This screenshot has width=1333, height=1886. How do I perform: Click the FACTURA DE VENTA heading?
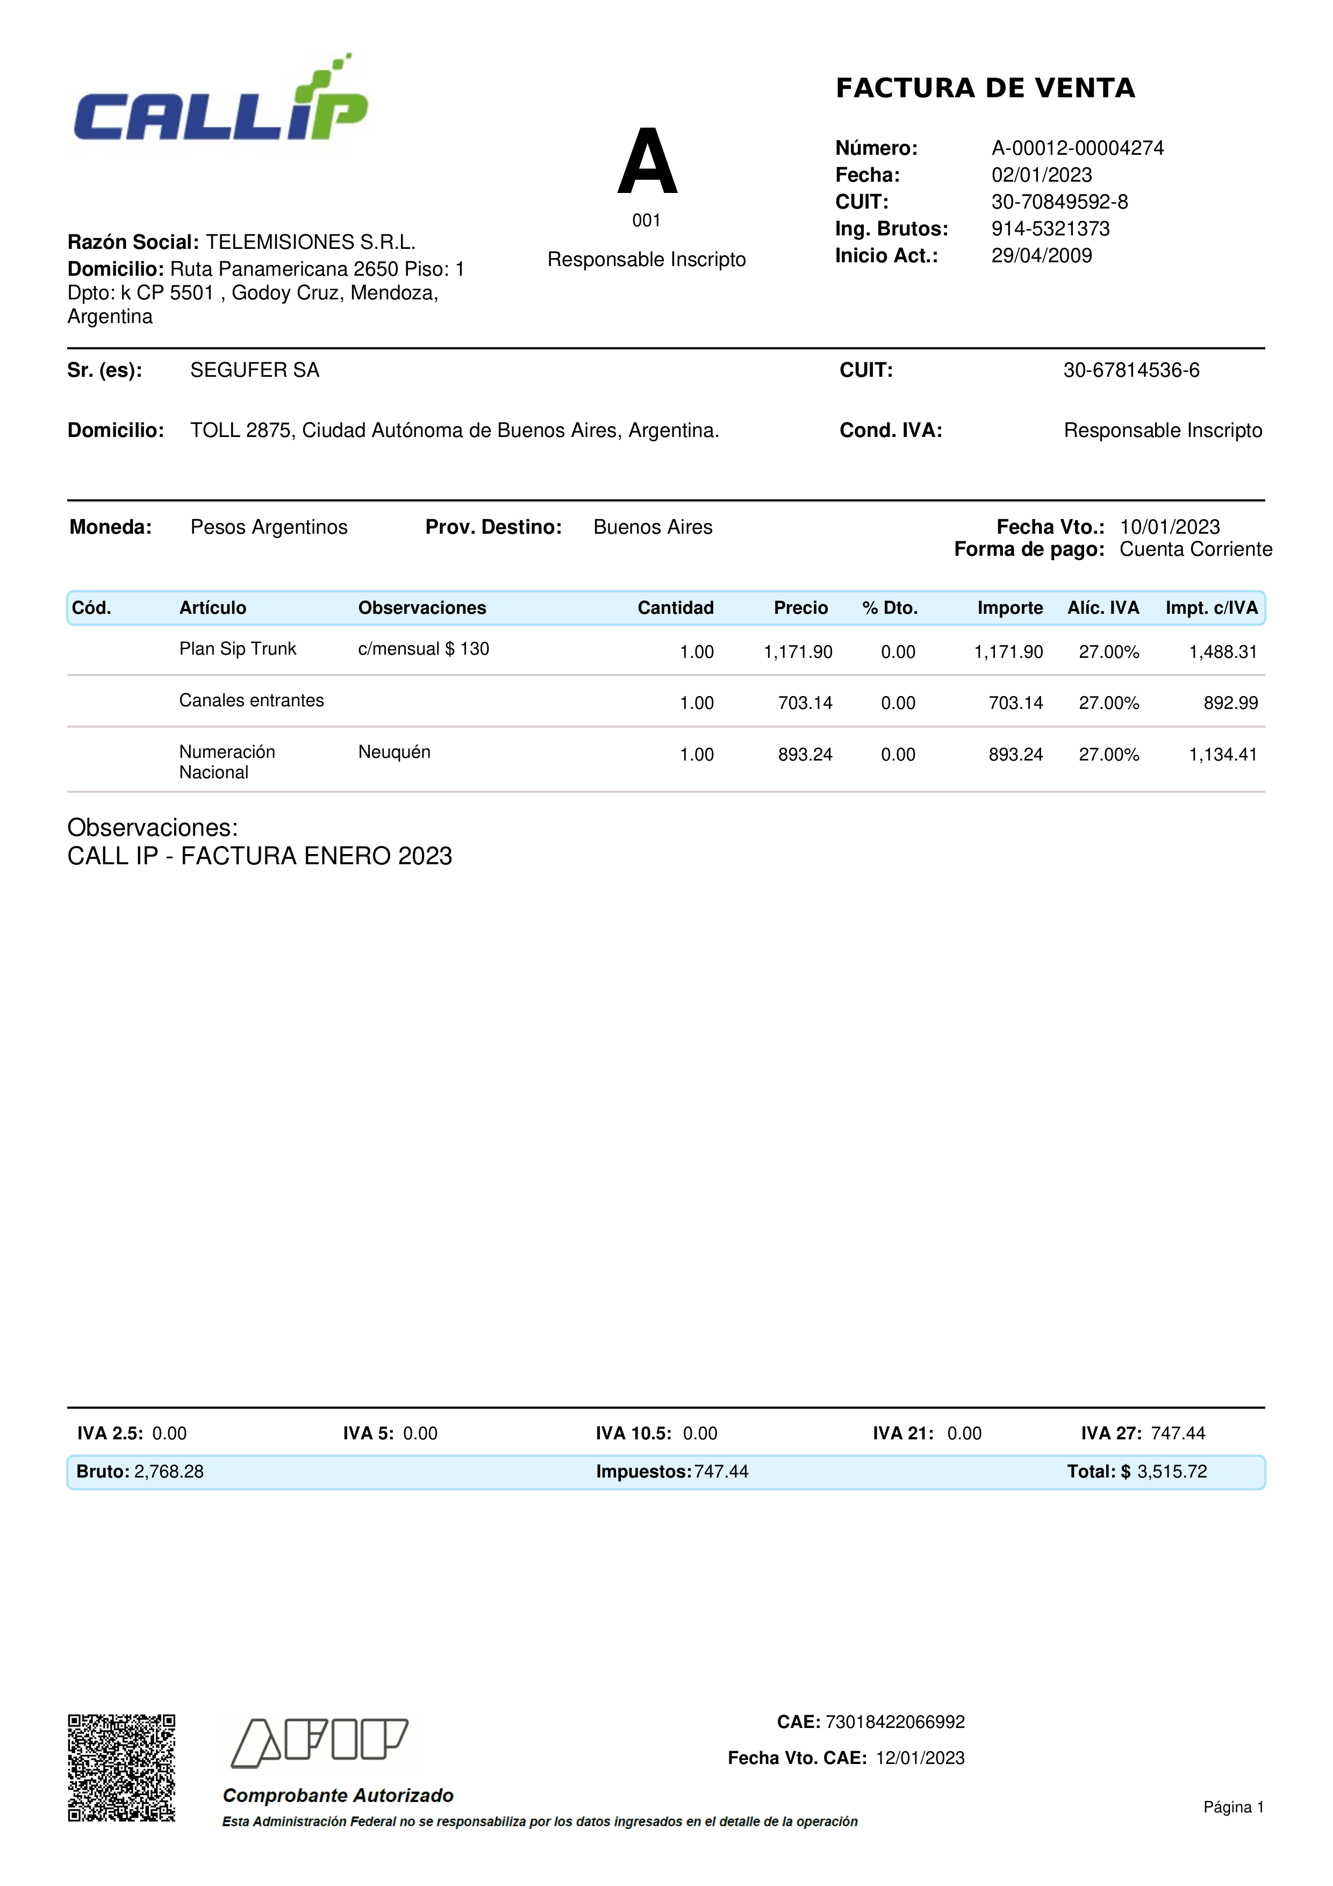point(985,88)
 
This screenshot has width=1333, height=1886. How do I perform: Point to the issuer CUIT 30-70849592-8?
point(1059,202)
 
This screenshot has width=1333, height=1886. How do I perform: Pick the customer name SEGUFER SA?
point(255,370)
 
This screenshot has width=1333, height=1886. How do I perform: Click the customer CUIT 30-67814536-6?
point(1131,370)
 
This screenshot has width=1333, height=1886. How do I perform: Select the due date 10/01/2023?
point(1170,527)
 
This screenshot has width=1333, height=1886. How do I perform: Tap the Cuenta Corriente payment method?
point(1195,549)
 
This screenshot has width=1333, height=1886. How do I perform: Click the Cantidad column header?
point(675,608)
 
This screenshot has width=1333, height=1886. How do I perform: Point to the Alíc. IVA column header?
point(1102,608)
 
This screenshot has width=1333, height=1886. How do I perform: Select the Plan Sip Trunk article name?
point(238,649)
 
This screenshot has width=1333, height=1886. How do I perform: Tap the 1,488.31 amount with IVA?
point(1223,652)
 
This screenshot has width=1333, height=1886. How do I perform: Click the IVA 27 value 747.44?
point(1178,1433)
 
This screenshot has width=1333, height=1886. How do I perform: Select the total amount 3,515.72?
point(1172,1472)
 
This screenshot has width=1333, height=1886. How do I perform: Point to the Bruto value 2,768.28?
point(168,1472)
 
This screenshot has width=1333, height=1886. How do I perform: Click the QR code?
point(121,1768)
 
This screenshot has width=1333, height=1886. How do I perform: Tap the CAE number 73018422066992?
point(894,1722)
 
